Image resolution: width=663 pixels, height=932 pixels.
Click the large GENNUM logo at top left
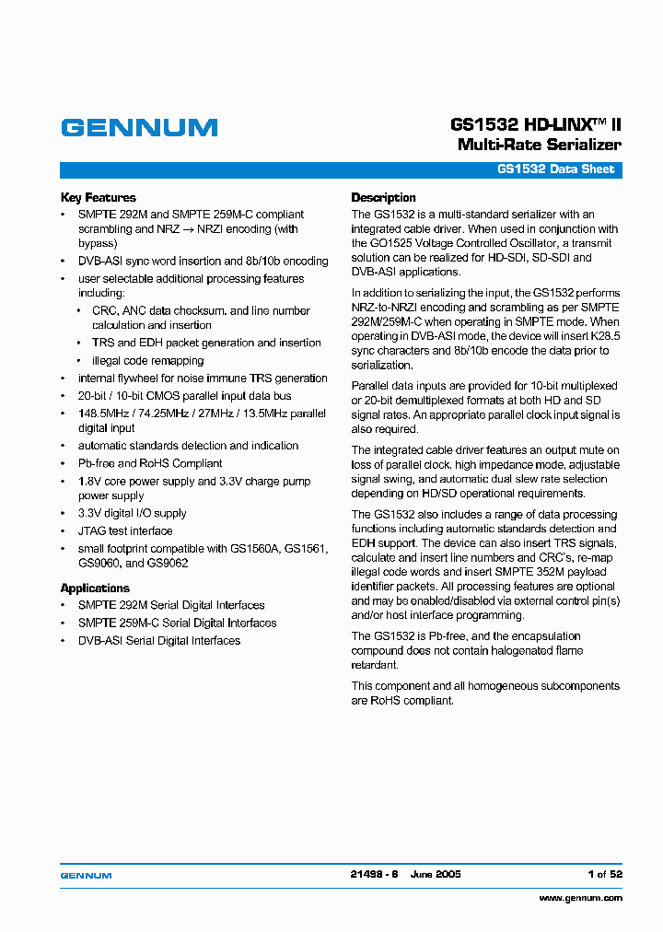point(139,128)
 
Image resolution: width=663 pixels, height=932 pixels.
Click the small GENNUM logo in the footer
point(86,874)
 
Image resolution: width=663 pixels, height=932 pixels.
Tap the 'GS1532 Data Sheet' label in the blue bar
point(555,169)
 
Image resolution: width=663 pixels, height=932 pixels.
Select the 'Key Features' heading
point(98,197)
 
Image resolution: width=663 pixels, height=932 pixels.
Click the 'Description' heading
point(383,197)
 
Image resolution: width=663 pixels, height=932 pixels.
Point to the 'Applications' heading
point(95,588)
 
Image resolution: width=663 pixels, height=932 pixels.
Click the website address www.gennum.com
point(580,897)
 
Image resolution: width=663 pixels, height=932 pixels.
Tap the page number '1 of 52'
point(604,874)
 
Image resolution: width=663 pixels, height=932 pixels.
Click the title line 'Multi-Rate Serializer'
point(539,145)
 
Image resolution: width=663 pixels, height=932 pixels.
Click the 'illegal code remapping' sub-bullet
point(147,360)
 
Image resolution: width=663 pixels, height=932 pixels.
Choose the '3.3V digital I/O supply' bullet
point(132,513)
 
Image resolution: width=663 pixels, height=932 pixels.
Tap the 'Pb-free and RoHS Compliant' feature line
point(150,463)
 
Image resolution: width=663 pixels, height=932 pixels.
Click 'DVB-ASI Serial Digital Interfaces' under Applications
point(158,640)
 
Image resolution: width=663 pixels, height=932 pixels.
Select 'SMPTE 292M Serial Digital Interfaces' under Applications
point(171,605)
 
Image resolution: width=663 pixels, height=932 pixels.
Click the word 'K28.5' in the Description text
point(603,337)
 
